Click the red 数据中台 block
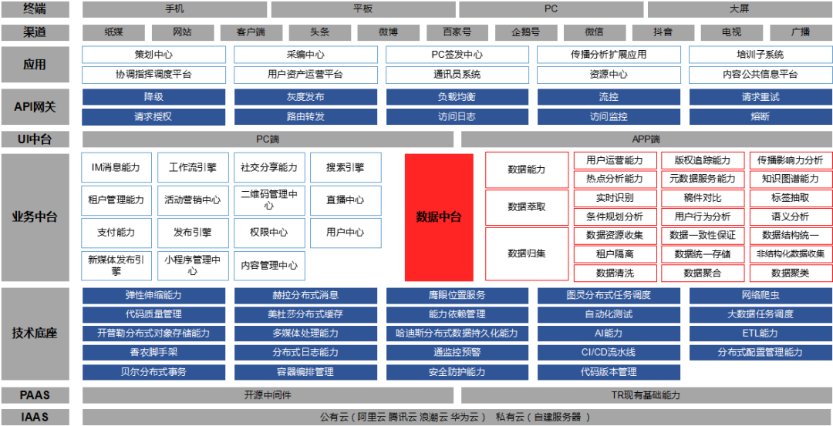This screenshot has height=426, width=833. [x=439, y=217]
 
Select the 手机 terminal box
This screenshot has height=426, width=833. [x=175, y=9]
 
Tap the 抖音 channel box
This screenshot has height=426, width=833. [x=663, y=32]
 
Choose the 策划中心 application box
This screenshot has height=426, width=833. [x=154, y=55]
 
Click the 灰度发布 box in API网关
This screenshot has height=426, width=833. [x=305, y=97]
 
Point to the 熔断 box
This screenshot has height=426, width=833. [x=760, y=117]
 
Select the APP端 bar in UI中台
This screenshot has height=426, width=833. [x=646, y=139]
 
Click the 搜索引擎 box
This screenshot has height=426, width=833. [x=346, y=168]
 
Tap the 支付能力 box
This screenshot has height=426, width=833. [x=116, y=233]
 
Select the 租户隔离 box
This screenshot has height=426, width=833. [x=615, y=254]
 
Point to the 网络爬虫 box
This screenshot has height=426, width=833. [x=760, y=295]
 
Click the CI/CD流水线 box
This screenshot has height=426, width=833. [x=609, y=352]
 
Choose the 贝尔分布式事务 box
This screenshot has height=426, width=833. [x=154, y=371]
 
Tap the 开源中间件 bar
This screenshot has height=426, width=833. [x=268, y=395]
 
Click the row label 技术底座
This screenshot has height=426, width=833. [x=35, y=334]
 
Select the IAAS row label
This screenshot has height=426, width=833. [x=35, y=417]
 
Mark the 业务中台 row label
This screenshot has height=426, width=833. [x=35, y=217]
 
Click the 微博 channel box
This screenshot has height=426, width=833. [x=388, y=32]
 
